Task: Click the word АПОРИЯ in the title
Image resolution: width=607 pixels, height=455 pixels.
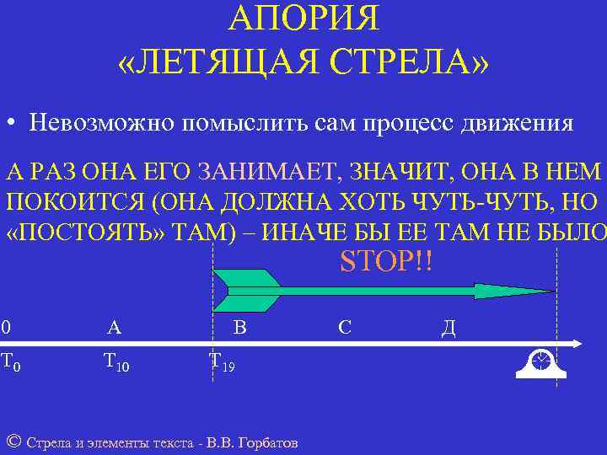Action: (x=303, y=18)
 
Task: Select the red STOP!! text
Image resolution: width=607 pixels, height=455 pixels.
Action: (x=385, y=260)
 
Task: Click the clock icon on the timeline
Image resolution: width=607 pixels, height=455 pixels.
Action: (x=540, y=361)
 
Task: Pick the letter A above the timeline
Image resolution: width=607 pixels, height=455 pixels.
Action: (x=115, y=327)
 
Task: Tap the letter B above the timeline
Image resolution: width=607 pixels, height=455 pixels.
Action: (x=239, y=327)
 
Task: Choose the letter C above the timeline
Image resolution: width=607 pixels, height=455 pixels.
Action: (x=344, y=327)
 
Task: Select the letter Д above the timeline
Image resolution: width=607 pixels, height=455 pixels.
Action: (x=448, y=328)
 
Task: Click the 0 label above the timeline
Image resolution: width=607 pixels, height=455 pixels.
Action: (x=6, y=327)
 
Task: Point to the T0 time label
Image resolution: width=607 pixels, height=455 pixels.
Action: (x=10, y=363)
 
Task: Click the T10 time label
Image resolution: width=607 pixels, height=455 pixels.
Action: (x=116, y=363)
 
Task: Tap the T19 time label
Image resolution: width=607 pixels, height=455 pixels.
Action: (x=222, y=363)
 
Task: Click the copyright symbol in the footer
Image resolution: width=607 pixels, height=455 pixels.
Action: (x=13, y=441)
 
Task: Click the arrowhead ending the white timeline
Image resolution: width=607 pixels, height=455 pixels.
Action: (x=577, y=343)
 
